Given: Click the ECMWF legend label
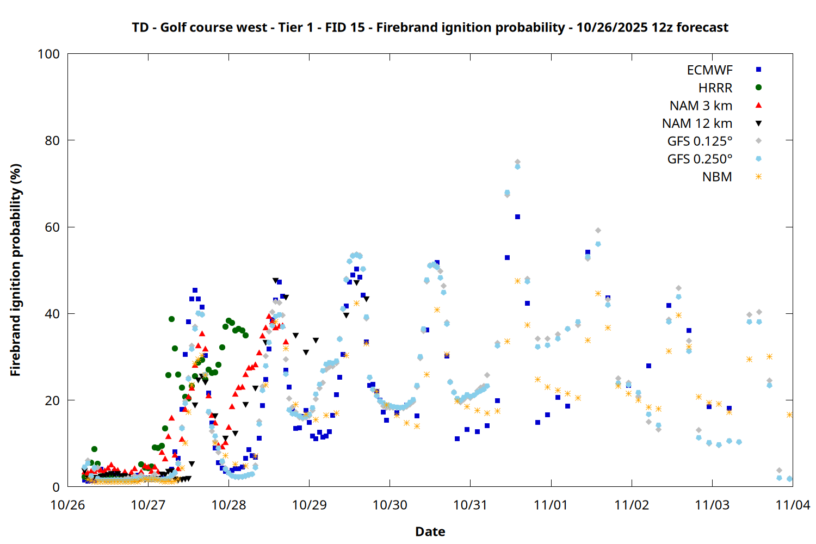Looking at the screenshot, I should click(709, 70).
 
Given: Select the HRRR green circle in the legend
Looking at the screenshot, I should click(758, 88).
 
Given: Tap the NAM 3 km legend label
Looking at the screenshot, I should click(701, 106).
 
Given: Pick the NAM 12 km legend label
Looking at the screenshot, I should click(697, 123).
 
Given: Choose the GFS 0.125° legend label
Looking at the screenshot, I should click(700, 141).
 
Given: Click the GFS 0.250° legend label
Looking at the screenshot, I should click(700, 159).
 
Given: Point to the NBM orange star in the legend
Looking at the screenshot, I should click(758, 177).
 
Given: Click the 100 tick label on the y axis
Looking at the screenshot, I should click(48, 54).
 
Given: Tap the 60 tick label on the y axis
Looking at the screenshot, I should click(52, 227).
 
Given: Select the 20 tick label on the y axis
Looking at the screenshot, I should click(52, 400).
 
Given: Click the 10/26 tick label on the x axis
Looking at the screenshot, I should click(67, 505).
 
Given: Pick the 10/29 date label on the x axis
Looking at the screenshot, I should click(309, 505).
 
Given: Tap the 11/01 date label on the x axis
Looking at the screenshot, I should click(551, 505).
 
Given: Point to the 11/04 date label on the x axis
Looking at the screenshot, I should click(793, 505).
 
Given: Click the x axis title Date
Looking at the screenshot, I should click(430, 531).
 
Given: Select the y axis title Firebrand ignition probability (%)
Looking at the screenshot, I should click(15, 270).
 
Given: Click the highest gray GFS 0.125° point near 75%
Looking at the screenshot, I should click(517, 162).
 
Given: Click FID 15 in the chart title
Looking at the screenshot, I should click(345, 27).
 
